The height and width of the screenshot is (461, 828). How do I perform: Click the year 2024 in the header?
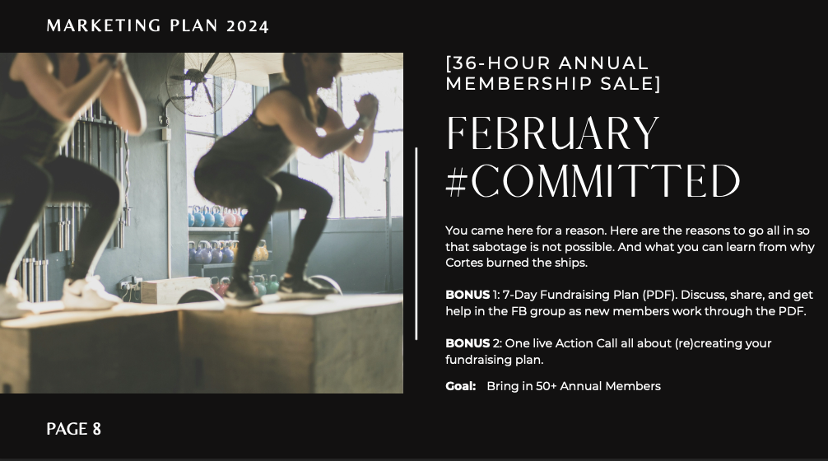[x=247, y=26]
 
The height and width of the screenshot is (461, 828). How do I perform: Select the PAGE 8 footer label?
[x=73, y=429]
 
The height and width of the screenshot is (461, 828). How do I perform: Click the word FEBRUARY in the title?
[x=553, y=133]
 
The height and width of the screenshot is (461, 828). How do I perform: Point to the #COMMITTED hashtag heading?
[x=593, y=180]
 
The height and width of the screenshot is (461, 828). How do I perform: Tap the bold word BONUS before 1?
[x=467, y=295]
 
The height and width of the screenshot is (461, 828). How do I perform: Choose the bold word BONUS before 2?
[x=467, y=343]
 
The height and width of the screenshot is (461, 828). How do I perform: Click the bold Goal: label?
[x=460, y=386]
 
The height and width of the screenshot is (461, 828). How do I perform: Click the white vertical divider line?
[x=416, y=244]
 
